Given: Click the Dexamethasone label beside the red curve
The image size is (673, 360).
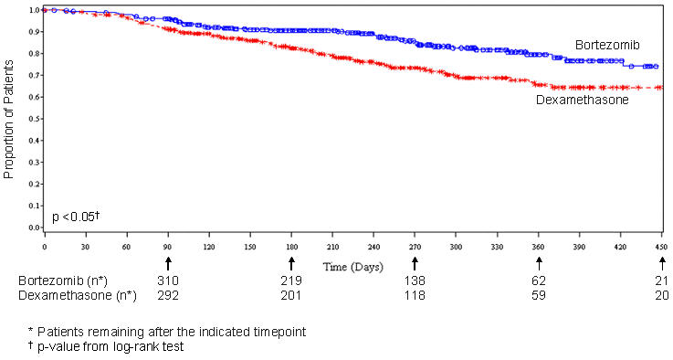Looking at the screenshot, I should [581, 100].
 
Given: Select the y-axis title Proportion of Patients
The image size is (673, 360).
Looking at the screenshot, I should [10, 119].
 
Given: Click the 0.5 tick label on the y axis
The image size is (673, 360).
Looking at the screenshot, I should [35, 119].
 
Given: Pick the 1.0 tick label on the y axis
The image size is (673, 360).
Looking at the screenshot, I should [35, 10].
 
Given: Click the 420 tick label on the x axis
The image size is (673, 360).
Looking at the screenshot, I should [620, 247].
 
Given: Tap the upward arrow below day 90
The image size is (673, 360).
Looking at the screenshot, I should [168, 263].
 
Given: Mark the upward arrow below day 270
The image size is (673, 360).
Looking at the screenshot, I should [415, 263].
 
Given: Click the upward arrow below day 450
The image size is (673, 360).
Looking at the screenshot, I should [661, 263].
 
